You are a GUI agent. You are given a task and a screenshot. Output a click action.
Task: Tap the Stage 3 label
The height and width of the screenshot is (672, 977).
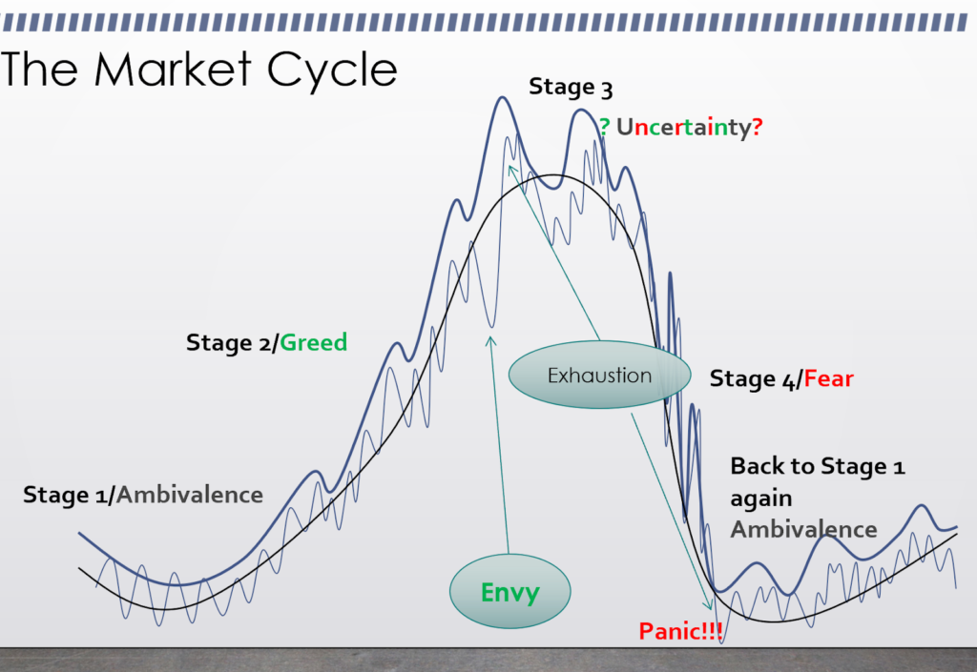pos(571,88)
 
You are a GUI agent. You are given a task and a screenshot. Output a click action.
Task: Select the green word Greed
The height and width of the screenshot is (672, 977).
pos(314,342)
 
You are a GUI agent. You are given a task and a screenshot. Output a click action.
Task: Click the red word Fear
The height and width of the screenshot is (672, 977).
pos(828,379)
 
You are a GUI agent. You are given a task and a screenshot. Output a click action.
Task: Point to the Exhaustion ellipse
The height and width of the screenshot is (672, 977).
pos(599,376)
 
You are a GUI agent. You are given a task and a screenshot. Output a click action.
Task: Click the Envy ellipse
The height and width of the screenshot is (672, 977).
pos(509,592)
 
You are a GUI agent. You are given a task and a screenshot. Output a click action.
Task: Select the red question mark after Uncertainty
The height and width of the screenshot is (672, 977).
pos(758,126)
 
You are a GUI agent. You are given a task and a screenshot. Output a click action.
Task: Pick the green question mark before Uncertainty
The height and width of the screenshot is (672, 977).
pos(604,126)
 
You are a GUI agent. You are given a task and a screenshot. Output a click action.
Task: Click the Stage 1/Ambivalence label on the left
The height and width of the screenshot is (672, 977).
pos(143,495)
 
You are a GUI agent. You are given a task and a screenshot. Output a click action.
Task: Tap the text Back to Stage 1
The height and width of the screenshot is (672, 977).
pos(818,466)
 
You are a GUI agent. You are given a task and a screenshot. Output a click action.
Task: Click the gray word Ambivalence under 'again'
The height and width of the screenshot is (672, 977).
pos(803,529)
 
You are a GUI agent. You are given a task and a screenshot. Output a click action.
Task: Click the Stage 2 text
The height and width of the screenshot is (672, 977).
pos(229,342)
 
